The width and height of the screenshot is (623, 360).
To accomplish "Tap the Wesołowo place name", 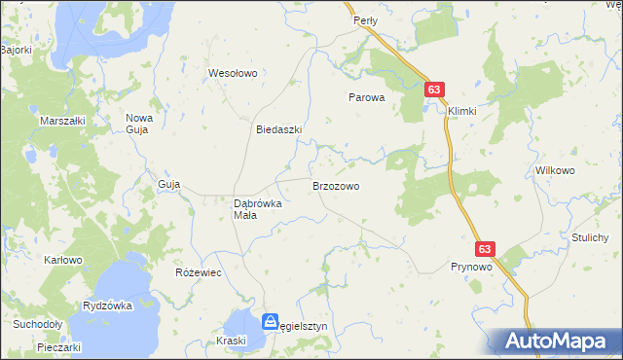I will [232, 73].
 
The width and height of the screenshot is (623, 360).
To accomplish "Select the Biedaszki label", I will [279, 129].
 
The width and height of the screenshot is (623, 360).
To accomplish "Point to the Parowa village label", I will [368, 97].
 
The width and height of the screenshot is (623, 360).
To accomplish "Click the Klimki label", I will [462, 111].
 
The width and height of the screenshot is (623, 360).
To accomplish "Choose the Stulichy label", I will [590, 237].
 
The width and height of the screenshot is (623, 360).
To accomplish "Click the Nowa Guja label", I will [139, 124].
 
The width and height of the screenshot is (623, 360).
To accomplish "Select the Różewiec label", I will [198, 272].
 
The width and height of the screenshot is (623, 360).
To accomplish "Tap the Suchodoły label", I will [37, 325].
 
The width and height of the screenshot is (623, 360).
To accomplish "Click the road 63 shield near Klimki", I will [435, 90].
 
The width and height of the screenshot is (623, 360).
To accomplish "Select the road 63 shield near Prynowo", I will [487, 249].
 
